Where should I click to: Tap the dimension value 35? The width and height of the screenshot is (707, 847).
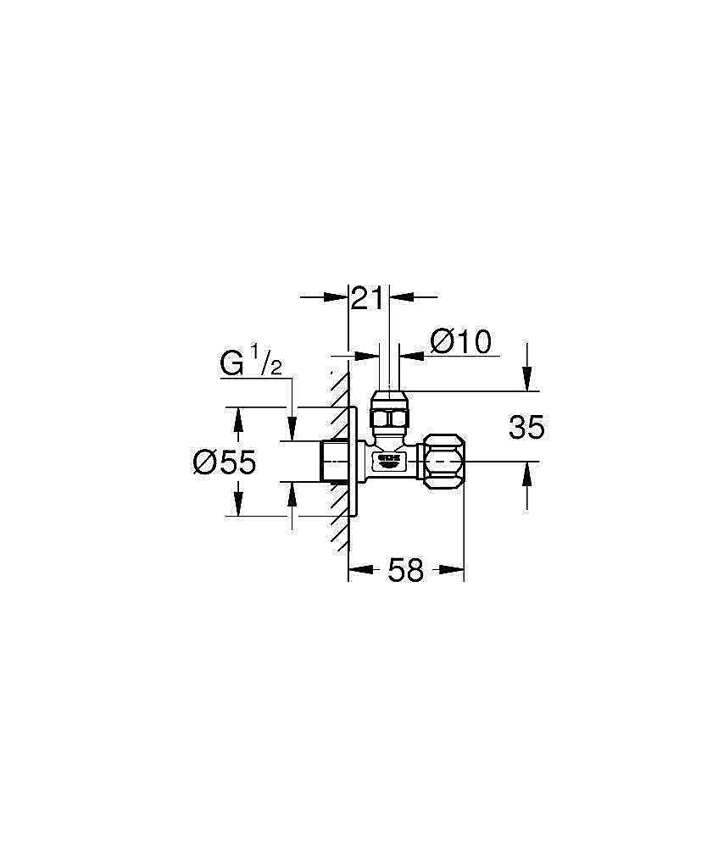(526, 428)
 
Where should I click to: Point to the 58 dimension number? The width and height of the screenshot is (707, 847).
(405, 571)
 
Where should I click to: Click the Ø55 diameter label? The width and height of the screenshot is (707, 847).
(224, 462)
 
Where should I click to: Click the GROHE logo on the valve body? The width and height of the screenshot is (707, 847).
(387, 458)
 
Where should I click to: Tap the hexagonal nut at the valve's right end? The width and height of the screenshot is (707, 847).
(444, 462)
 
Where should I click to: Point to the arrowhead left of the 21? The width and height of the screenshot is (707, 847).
(339, 297)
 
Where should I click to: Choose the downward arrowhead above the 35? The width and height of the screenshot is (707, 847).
(527, 380)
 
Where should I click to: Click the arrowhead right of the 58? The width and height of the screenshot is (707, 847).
(454, 571)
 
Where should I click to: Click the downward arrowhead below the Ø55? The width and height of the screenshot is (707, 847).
(239, 506)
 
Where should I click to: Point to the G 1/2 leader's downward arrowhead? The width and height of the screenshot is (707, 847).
(292, 430)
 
